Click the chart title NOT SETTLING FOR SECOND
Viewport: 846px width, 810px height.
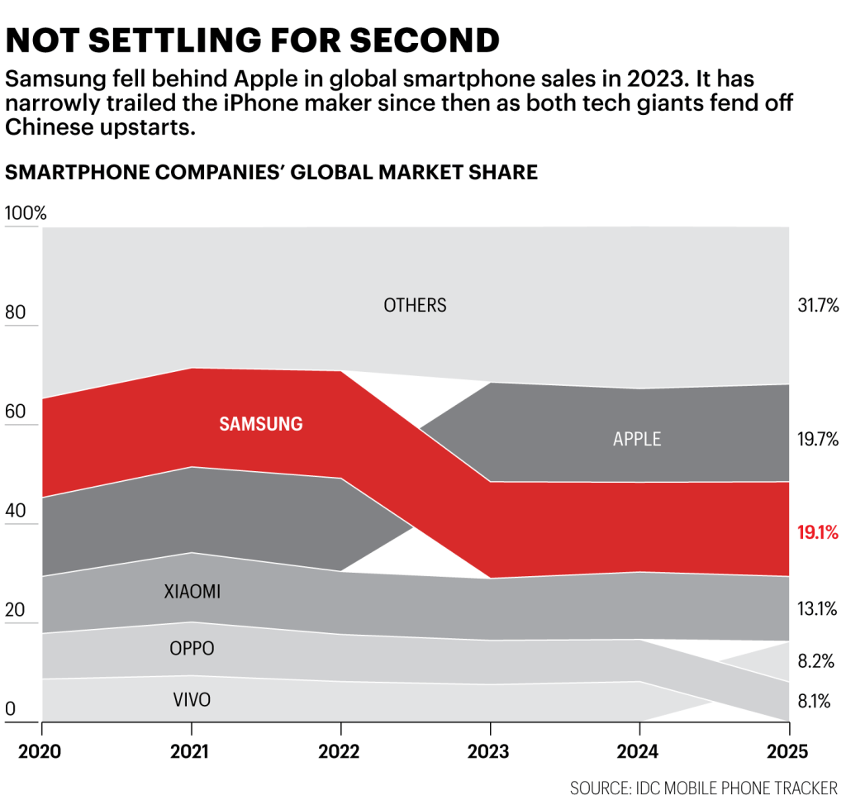pyautogui.click(x=253, y=40)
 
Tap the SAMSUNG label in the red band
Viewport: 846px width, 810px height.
pyautogui.click(x=260, y=424)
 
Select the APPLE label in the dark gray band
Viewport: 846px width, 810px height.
pyautogui.click(x=637, y=439)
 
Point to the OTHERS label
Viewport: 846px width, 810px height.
pyautogui.click(x=415, y=306)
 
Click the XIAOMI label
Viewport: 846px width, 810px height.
pyautogui.click(x=192, y=592)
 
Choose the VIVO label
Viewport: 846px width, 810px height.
pyautogui.click(x=192, y=700)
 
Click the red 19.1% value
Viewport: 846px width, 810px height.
pyautogui.click(x=818, y=533)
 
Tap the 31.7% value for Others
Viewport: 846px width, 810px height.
pyautogui.click(x=818, y=306)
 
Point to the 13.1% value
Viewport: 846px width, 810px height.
pyautogui.click(x=818, y=610)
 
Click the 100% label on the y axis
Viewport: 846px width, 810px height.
pyautogui.click(x=26, y=213)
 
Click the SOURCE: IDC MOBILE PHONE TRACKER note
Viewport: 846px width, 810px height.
pyautogui.click(x=703, y=787)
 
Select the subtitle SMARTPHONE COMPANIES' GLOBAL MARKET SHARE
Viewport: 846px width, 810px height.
pyautogui.click(x=271, y=172)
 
